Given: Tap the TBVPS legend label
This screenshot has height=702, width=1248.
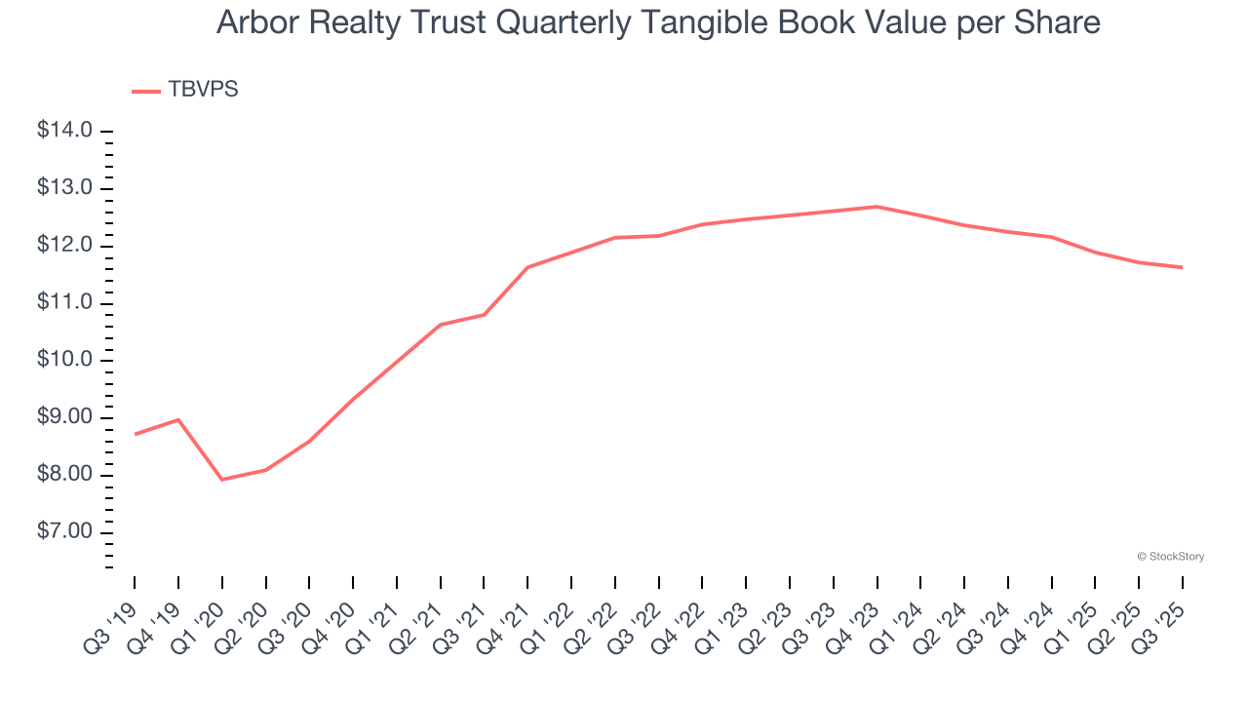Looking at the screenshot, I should click(x=203, y=90).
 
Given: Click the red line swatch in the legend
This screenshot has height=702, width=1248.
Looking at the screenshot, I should click(x=145, y=92).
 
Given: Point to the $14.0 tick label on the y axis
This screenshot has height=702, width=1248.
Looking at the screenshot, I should click(x=64, y=131).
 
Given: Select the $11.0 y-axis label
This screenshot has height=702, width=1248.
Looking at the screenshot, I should click(x=64, y=303).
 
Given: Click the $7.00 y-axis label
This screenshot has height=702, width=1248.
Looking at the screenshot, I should click(x=64, y=532).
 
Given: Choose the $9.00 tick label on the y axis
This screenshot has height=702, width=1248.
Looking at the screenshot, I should click(x=64, y=417).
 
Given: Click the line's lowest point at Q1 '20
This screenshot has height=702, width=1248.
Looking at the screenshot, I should click(x=222, y=480).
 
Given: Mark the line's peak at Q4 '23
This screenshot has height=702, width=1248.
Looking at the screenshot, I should click(x=877, y=207).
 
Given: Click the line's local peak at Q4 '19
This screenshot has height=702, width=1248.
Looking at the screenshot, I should click(x=178, y=419).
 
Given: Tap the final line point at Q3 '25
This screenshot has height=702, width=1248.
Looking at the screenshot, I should click(x=1183, y=267).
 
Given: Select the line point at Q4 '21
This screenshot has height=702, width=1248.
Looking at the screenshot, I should click(x=527, y=267).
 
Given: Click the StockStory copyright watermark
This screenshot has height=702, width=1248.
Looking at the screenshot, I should click(x=1171, y=557).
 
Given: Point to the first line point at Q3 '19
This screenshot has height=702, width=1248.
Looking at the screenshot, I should click(x=135, y=434).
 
